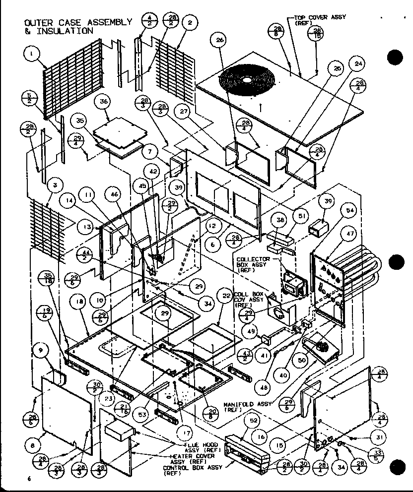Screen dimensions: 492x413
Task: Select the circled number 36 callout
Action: [x=103, y=102]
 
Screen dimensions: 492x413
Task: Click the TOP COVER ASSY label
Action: [x=320, y=20]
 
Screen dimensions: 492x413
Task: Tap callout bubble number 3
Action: [x=56, y=185]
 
